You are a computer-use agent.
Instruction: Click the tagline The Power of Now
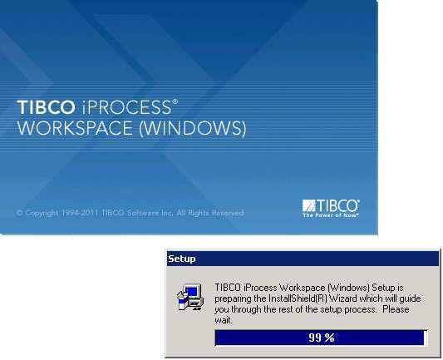(x=330, y=215)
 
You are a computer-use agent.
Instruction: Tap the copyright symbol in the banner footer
(x=19, y=213)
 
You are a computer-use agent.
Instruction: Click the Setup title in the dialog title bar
(x=182, y=259)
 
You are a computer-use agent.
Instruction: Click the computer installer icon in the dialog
(x=190, y=296)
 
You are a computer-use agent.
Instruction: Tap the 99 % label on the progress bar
(x=321, y=338)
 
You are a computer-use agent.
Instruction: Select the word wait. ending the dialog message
(x=224, y=318)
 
